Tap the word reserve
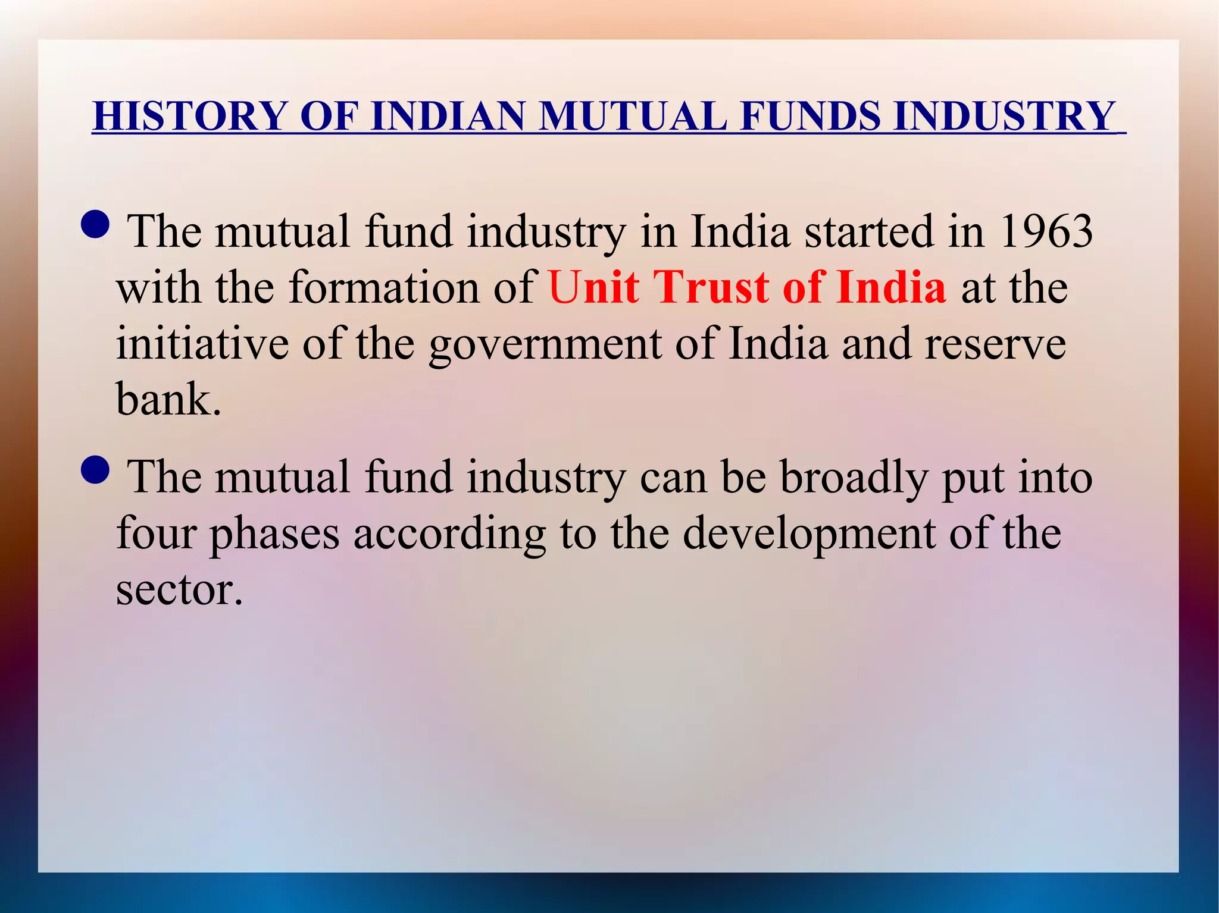point(995,344)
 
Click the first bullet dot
point(95,224)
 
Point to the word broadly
point(854,478)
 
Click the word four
point(156,533)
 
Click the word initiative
point(202,344)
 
